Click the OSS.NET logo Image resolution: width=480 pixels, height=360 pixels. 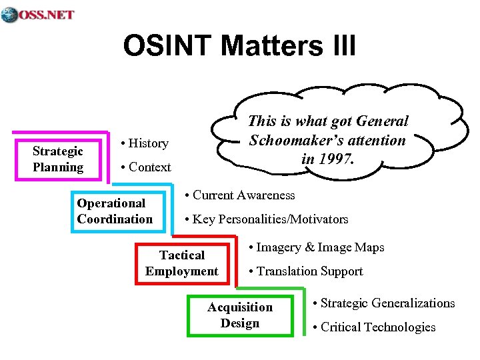[38, 15]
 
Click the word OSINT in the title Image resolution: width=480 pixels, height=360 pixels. [167, 46]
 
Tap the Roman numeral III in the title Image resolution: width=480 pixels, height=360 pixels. [340, 46]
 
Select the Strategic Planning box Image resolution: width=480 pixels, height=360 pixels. [58, 159]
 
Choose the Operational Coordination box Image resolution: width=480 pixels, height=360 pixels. [115, 211]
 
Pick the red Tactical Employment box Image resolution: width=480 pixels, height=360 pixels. [181, 263]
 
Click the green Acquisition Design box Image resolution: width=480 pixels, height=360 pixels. [240, 315]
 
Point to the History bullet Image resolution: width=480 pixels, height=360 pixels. [143, 143]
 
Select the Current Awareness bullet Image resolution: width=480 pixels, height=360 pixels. [240, 195]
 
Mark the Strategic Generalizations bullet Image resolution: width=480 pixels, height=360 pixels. [383, 303]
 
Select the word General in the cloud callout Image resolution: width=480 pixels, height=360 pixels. [383, 121]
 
